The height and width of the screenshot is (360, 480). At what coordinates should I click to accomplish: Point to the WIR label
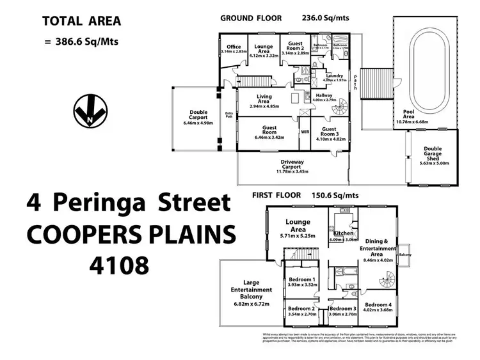(305, 132)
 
